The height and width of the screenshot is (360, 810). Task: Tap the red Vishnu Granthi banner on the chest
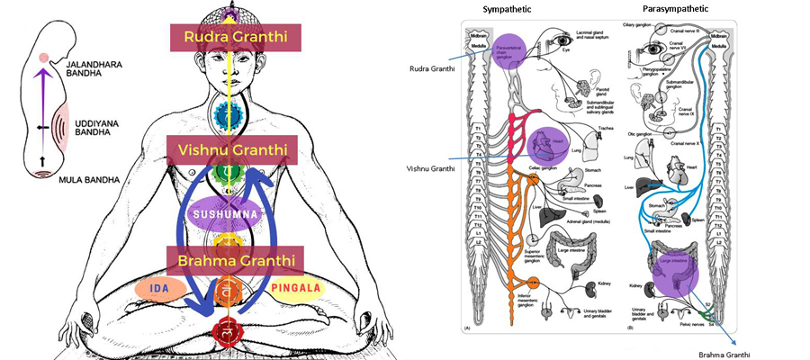click(232, 150)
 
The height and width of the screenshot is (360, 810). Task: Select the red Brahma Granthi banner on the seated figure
click(233, 261)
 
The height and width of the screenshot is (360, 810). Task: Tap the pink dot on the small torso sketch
click(45, 60)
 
